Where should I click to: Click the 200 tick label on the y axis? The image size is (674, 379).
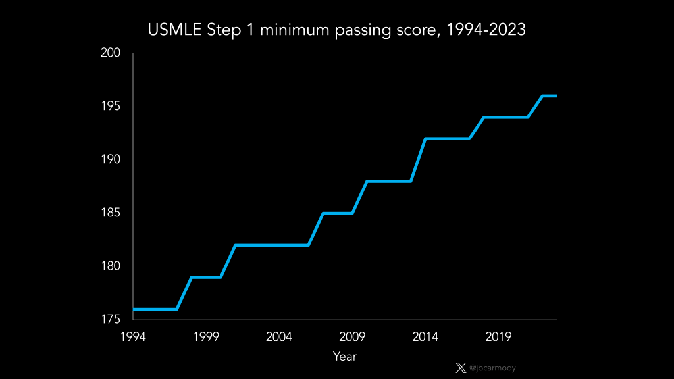111,53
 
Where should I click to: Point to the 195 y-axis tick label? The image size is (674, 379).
111,107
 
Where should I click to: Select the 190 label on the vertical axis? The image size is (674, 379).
111,160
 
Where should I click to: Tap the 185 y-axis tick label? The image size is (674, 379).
111,213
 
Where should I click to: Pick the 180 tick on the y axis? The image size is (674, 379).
111,266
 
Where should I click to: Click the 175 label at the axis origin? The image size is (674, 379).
111,320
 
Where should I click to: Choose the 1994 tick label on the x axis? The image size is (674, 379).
133,337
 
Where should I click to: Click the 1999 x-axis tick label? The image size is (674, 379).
206,337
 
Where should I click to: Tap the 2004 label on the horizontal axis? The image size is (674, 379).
279,337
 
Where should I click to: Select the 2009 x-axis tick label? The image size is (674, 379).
352,337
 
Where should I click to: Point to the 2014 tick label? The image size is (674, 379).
425,337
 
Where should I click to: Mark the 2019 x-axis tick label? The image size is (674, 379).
498,337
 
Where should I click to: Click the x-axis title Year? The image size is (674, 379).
344,357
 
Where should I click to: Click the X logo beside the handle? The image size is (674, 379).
461,368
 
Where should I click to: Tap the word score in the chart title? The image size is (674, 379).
413,31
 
